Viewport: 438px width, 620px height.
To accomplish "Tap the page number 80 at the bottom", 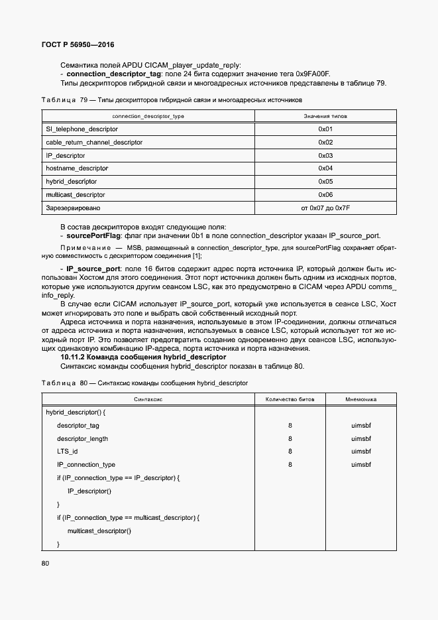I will [x=45, y=564].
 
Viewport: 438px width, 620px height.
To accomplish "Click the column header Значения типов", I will [x=325, y=116].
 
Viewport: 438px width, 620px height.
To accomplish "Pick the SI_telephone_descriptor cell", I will [x=82, y=129].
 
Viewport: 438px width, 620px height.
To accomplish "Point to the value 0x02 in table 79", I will [x=325, y=143].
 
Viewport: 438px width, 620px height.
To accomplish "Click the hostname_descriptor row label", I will [x=76, y=168].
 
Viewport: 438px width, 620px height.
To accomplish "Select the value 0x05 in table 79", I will [x=325, y=182].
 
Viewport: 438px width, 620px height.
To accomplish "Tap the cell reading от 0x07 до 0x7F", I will [x=325, y=208].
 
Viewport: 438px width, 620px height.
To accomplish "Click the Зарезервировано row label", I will [x=73, y=208].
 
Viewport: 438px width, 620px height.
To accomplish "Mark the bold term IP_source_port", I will [x=93, y=269].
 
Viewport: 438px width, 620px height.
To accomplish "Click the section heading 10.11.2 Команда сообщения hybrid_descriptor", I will [x=143, y=357].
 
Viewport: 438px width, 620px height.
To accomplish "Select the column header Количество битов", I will [x=290, y=400].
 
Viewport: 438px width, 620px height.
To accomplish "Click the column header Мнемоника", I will [x=361, y=400].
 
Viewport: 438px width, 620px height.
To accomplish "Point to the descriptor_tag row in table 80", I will [x=78, y=426].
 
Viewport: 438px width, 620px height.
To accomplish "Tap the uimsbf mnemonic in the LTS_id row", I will [x=361, y=452].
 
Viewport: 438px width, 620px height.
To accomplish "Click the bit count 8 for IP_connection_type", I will [x=290, y=465].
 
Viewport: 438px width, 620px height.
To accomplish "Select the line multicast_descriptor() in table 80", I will [x=99, y=530].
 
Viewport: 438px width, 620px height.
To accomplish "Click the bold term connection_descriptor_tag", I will [x=113, y=74].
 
